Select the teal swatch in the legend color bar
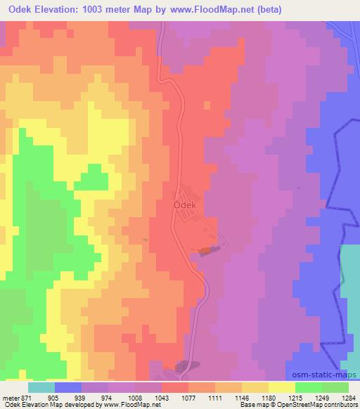click(41, 387)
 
